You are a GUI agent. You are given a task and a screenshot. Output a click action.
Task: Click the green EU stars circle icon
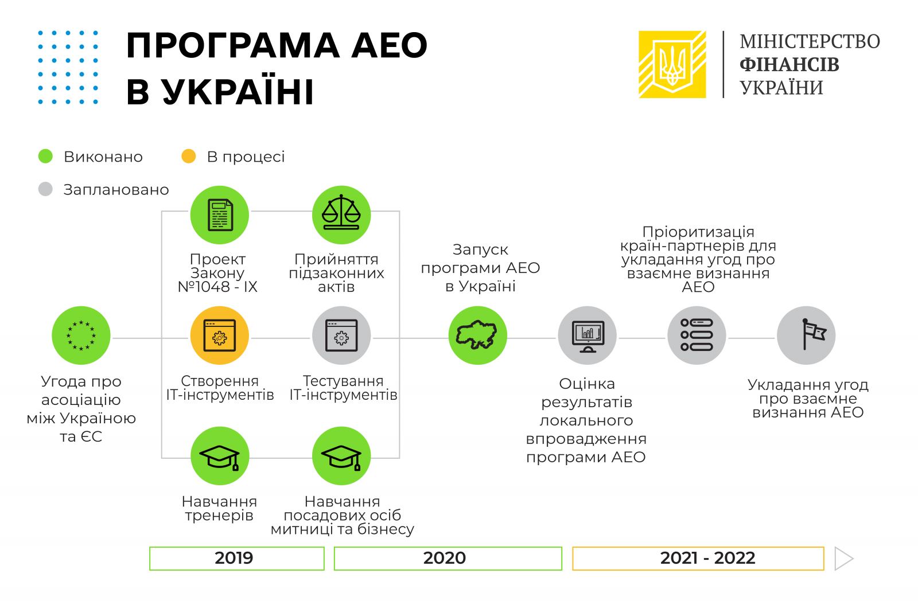coord(81,336)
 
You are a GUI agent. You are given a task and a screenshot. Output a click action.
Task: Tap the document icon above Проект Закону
coord(220,215)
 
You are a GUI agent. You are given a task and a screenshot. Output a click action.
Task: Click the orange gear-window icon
coord(220,336)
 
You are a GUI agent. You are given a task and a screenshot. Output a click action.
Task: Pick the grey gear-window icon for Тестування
coord(341,336)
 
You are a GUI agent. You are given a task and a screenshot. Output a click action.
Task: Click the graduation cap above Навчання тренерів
coord(220,456)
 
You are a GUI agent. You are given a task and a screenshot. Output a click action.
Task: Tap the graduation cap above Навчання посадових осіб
coord(341,456)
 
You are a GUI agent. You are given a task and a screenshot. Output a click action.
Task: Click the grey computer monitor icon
coord(588,336)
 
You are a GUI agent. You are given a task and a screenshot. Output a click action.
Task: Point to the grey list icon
coord(697,336)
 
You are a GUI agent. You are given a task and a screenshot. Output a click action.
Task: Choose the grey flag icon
coord(806,336)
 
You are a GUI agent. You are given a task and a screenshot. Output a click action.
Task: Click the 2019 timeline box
coord(237,558)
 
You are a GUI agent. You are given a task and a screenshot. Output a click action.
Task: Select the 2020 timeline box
coord(448,558)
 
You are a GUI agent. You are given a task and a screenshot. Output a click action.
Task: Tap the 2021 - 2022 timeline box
coord(698,558)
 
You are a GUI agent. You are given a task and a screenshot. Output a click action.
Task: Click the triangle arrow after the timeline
coord(843,558)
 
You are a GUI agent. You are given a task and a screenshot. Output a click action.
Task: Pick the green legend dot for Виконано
coord(45,157)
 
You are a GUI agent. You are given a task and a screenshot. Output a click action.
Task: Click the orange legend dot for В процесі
coord(189,157)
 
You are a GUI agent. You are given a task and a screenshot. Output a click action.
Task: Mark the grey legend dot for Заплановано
coord(45,189)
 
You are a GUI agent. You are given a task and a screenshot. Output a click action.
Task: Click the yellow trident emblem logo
coord(672,64)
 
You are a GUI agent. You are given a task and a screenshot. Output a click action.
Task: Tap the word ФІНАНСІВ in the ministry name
coord(789,65)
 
